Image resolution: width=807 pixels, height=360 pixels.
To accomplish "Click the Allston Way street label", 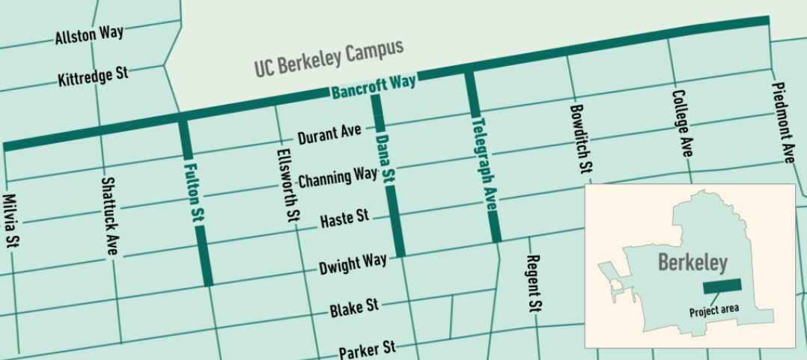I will (89, 34).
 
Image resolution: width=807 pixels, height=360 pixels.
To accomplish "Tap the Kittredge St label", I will (93, 76).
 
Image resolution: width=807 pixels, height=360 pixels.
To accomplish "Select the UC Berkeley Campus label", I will (329, 58).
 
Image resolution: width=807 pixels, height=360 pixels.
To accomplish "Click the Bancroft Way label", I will (374, 88).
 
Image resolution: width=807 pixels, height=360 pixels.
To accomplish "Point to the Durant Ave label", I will (329, 135).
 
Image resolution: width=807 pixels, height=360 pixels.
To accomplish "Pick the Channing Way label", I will (338, 178).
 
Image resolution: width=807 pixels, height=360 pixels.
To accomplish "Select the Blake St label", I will (355, 307).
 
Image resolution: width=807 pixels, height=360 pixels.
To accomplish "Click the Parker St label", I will (367, 349).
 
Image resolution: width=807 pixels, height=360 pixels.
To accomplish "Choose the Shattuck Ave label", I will (110, 217).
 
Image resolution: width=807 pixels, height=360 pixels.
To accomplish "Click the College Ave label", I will (682, 123).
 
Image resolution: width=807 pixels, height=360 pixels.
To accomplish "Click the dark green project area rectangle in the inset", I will (721, 286).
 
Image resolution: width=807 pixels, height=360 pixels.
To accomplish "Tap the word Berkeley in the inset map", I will (692, 263).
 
